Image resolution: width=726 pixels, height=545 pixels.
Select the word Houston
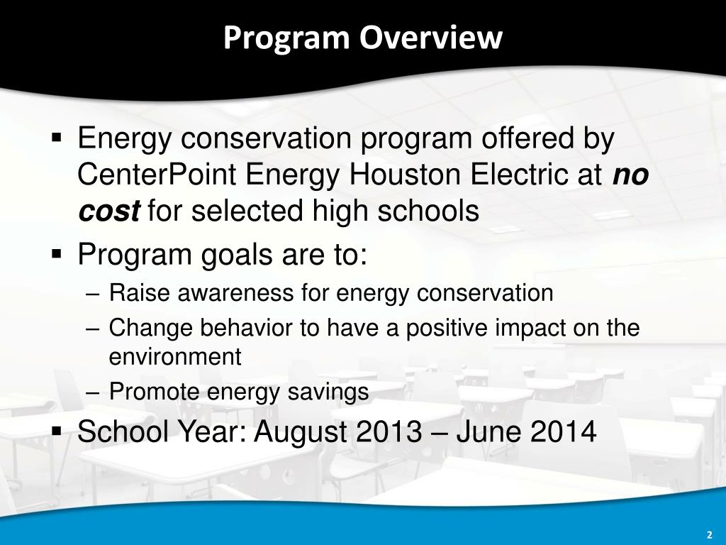tap(405, 175)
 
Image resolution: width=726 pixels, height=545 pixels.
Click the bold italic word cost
tap(108, 211)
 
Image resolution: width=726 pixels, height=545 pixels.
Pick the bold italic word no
tap(630, 175)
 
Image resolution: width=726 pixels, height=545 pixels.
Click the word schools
tap(428, 210)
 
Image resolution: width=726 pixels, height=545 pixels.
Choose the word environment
tap(175, 357)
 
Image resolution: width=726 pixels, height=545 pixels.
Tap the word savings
tap(328, 392)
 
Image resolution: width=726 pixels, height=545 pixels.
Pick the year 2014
tap(563, 431)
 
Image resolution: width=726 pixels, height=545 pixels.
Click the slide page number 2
tap(710, 534)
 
